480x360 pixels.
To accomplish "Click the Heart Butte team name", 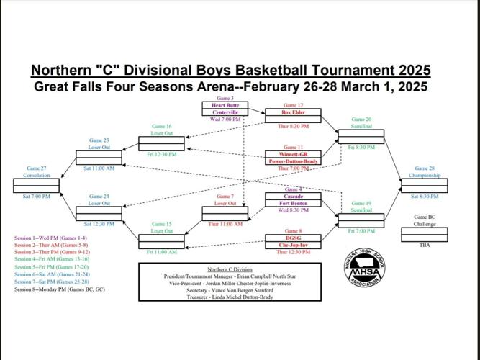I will coord(226,105).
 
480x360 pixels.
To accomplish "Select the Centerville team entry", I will coord(226,113).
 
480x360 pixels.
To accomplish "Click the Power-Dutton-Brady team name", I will coord(294,161).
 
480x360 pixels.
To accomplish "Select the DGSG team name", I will coord(294,238).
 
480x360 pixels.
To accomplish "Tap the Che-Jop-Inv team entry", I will coord(294,245).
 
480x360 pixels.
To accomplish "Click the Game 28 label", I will coord(425,168).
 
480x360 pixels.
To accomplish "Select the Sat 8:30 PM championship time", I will coord(425,196).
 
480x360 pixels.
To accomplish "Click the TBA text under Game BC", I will coord(425,245).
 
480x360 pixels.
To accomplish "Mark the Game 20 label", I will coord(361,120).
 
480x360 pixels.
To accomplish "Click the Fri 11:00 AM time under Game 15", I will coord(161,252).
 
